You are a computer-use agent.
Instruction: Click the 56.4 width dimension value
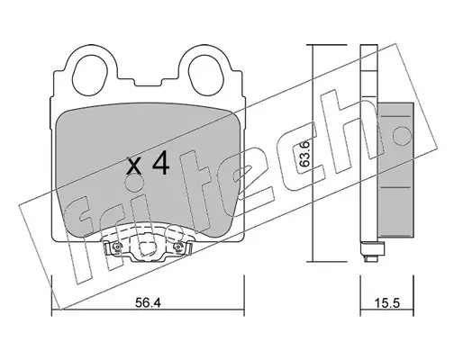pos(148,303)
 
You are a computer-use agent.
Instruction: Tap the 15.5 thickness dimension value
pos(387,303)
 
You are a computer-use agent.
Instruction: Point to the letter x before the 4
pos(133,166)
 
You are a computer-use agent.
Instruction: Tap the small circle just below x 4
pos(133,184)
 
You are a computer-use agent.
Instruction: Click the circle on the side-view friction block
pos(402,135)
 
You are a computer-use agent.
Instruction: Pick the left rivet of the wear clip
pos(116,247)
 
